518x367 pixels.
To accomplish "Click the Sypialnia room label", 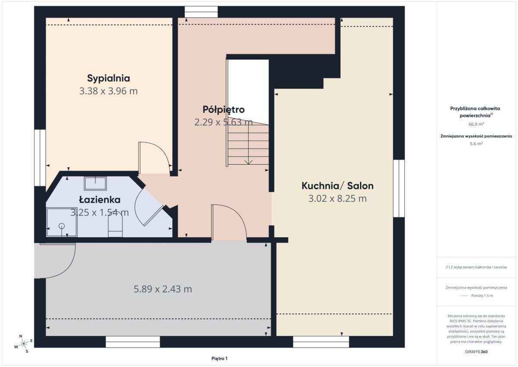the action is [x=108, y=78].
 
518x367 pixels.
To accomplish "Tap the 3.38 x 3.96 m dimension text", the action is [x=108, y=91].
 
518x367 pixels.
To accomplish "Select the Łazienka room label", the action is [x=100, y=199].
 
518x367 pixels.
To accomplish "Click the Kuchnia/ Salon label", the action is [x=338, y=186].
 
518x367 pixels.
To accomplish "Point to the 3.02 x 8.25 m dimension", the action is [x=338, y=198].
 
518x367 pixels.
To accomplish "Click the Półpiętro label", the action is [x=224, y=110].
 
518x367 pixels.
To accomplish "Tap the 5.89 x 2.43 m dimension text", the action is [x=163, y=289].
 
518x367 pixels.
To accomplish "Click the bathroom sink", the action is [x=95, y=183].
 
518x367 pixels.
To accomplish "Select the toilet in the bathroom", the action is [x=115, y=227].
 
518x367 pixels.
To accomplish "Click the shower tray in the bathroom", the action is [x=62, y=222].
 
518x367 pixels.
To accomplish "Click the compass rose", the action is [x=24, y=344].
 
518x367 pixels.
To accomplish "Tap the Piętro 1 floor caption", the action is [x=219, y=358].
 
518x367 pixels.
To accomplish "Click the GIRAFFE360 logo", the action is [x=476, y=352].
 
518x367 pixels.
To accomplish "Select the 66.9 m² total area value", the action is [x=476, y=124].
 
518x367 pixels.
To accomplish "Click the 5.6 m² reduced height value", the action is [x=476, y=144].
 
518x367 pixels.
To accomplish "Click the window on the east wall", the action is [x=399, y=188].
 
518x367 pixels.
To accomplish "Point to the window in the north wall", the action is [x=201, y=12].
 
